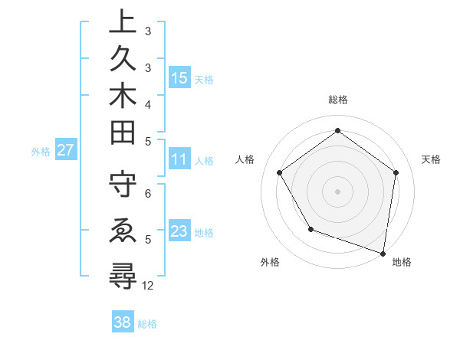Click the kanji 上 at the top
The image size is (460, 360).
123,22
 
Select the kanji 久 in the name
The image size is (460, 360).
123,60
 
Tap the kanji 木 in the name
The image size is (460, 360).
123,96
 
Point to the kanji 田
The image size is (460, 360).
123,133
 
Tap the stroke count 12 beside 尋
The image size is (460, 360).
149,286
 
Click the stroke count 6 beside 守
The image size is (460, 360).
148,194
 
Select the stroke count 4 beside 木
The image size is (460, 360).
148,103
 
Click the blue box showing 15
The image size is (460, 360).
179,78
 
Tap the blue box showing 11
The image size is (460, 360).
179,160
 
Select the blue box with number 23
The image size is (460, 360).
179,231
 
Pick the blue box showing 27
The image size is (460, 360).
65,150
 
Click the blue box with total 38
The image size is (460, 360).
122,322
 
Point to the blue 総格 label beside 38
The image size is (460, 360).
147,324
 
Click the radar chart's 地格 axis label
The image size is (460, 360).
402,263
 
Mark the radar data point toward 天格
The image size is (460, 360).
396,172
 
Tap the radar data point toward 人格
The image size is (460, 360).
279,172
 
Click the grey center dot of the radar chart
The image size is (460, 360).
337,191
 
